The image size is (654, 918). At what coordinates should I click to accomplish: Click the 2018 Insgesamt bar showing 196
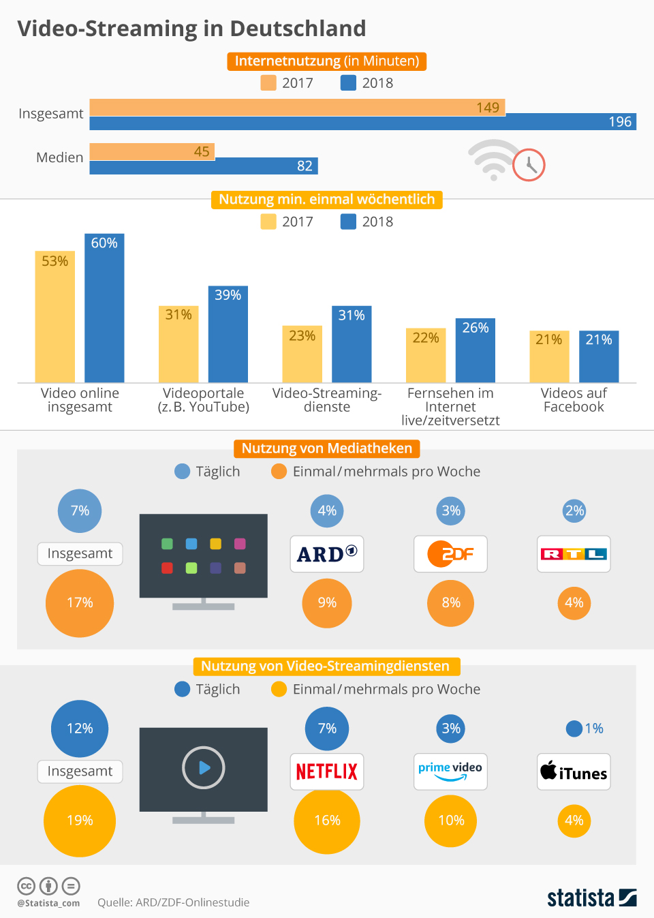tap(362, 122)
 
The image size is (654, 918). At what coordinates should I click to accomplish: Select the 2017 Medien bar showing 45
tap(152, 151)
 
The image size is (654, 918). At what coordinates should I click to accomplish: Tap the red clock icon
tap(529, 165)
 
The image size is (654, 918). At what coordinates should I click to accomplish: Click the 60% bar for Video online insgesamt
tap(104, 308)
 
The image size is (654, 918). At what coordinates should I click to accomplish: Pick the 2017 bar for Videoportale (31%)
tap(178, 344)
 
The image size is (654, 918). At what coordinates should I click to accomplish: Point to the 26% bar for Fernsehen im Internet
tap(475, 350)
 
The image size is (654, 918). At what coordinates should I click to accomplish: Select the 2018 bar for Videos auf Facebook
tap(599, 356)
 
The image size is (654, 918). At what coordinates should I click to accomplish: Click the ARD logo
tap(327, 554)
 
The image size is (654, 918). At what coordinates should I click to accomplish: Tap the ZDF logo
tap(450, 554)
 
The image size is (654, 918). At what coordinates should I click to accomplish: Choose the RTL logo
tap(574, 554)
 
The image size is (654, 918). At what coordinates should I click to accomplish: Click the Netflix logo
tap(327, 771)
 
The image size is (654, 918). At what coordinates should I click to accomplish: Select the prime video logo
tap(450, 771)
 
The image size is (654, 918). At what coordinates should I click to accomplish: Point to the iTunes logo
tap(574, 771)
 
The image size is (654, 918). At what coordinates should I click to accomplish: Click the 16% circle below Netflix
tap(327, 821)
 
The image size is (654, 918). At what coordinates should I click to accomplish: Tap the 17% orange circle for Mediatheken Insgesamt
tap(80, 603)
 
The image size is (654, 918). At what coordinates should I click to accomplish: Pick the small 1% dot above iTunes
tap(574, 729)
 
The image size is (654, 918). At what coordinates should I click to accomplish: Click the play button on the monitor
tap(204, 768)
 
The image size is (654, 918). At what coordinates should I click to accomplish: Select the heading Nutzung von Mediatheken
tap(327, 448)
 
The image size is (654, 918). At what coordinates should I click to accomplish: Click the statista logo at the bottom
tap(591, 898)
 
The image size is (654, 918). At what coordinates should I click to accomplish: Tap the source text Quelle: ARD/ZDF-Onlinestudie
tap(173, 902)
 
